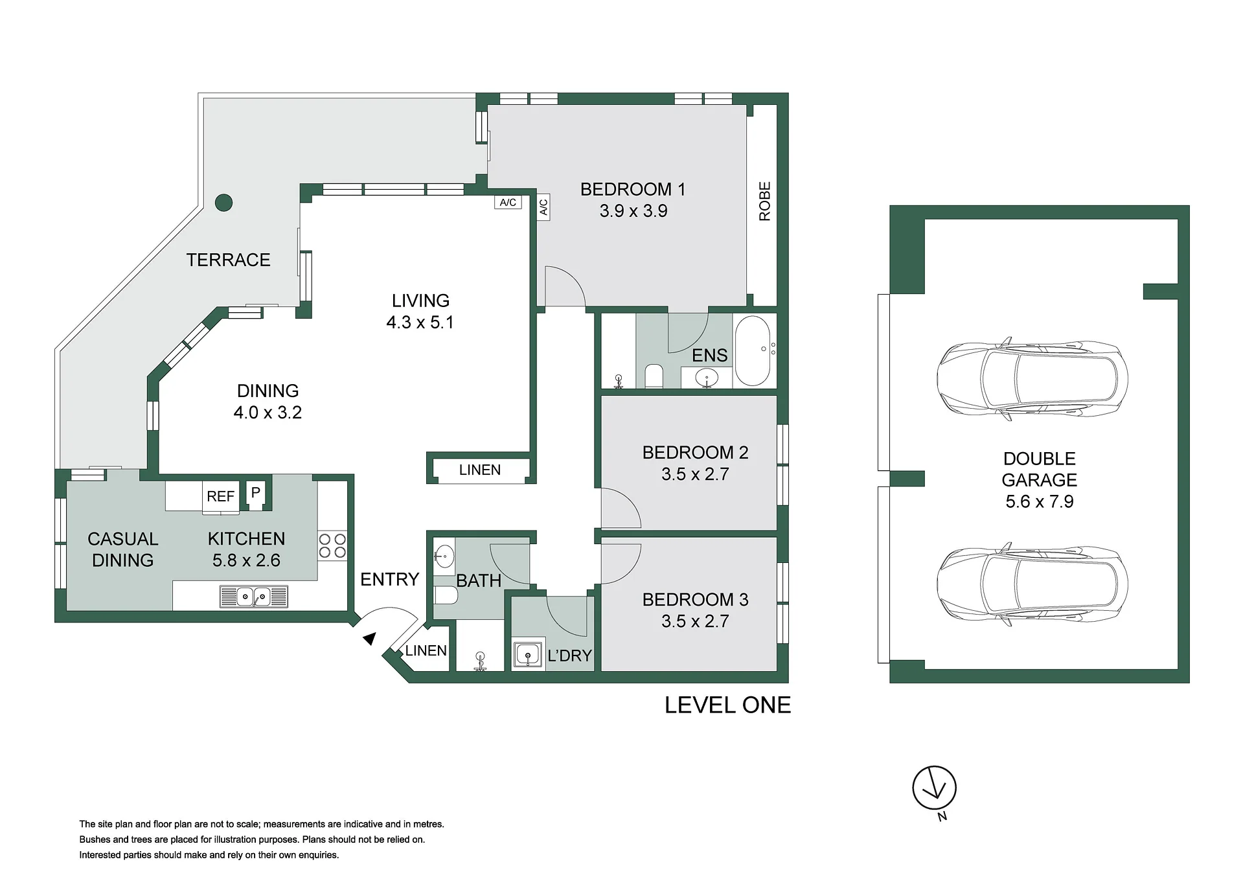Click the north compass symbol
tap(934, 789)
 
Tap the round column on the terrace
tap(223, 203)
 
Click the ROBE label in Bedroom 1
tap(764, 201)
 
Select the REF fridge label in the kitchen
tap(220, 496)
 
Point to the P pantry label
tap(256, 492)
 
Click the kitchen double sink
tap(254, 596)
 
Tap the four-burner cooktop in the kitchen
tap(332, 545)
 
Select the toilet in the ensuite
tap(654, 376)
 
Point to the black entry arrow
tap(369, 639)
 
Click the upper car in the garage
tap(1032, 378)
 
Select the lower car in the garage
tap(1032, 584)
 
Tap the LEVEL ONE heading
tap(727, 705)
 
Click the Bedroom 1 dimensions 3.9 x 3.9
tap(633, 211)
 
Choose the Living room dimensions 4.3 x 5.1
tap(420, 323)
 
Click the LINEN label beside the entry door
tap(426, 650)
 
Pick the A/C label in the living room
tap(508, 202)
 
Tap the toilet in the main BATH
tap(446, 595)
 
